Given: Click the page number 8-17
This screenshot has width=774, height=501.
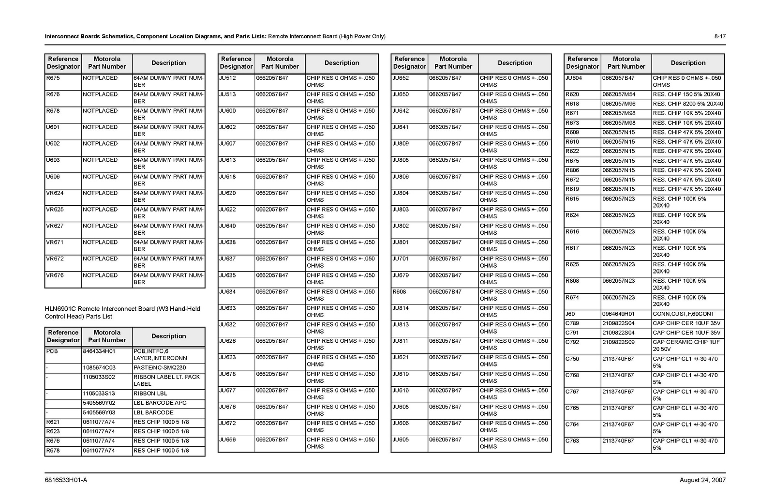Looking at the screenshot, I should click(x=720, y=37).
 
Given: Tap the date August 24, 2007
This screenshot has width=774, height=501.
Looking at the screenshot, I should click(x=702, y=480).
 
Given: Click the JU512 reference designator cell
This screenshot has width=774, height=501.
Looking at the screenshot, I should click(x=228, y=78).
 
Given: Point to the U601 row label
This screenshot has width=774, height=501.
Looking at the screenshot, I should click(x=53, y=127).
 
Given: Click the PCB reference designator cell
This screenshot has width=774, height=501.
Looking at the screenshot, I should click(x=52, y=351).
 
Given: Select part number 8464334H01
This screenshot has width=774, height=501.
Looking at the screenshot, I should click(x=99, y=351).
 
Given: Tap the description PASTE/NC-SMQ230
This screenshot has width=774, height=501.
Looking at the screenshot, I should click(x=160, y=368).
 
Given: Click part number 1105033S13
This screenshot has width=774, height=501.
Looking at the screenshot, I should click(x=99, y=394).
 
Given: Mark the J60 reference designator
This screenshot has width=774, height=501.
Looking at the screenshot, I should click(x=570, y=314).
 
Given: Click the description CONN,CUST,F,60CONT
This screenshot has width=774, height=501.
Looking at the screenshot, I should click(x=683, y=314).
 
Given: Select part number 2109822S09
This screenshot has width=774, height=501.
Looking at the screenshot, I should click(x=618, y=342).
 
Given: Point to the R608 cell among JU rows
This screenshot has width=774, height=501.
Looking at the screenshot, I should click(x=400, y=292).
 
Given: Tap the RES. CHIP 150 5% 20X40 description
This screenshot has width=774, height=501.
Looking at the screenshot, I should click(x=686, y=94).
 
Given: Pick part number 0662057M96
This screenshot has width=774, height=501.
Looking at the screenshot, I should click(x=619, y=104).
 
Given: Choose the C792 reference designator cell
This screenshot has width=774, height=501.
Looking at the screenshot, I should click(x=572, y=342).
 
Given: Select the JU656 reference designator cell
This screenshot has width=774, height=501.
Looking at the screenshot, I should click(x=228, y=440).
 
